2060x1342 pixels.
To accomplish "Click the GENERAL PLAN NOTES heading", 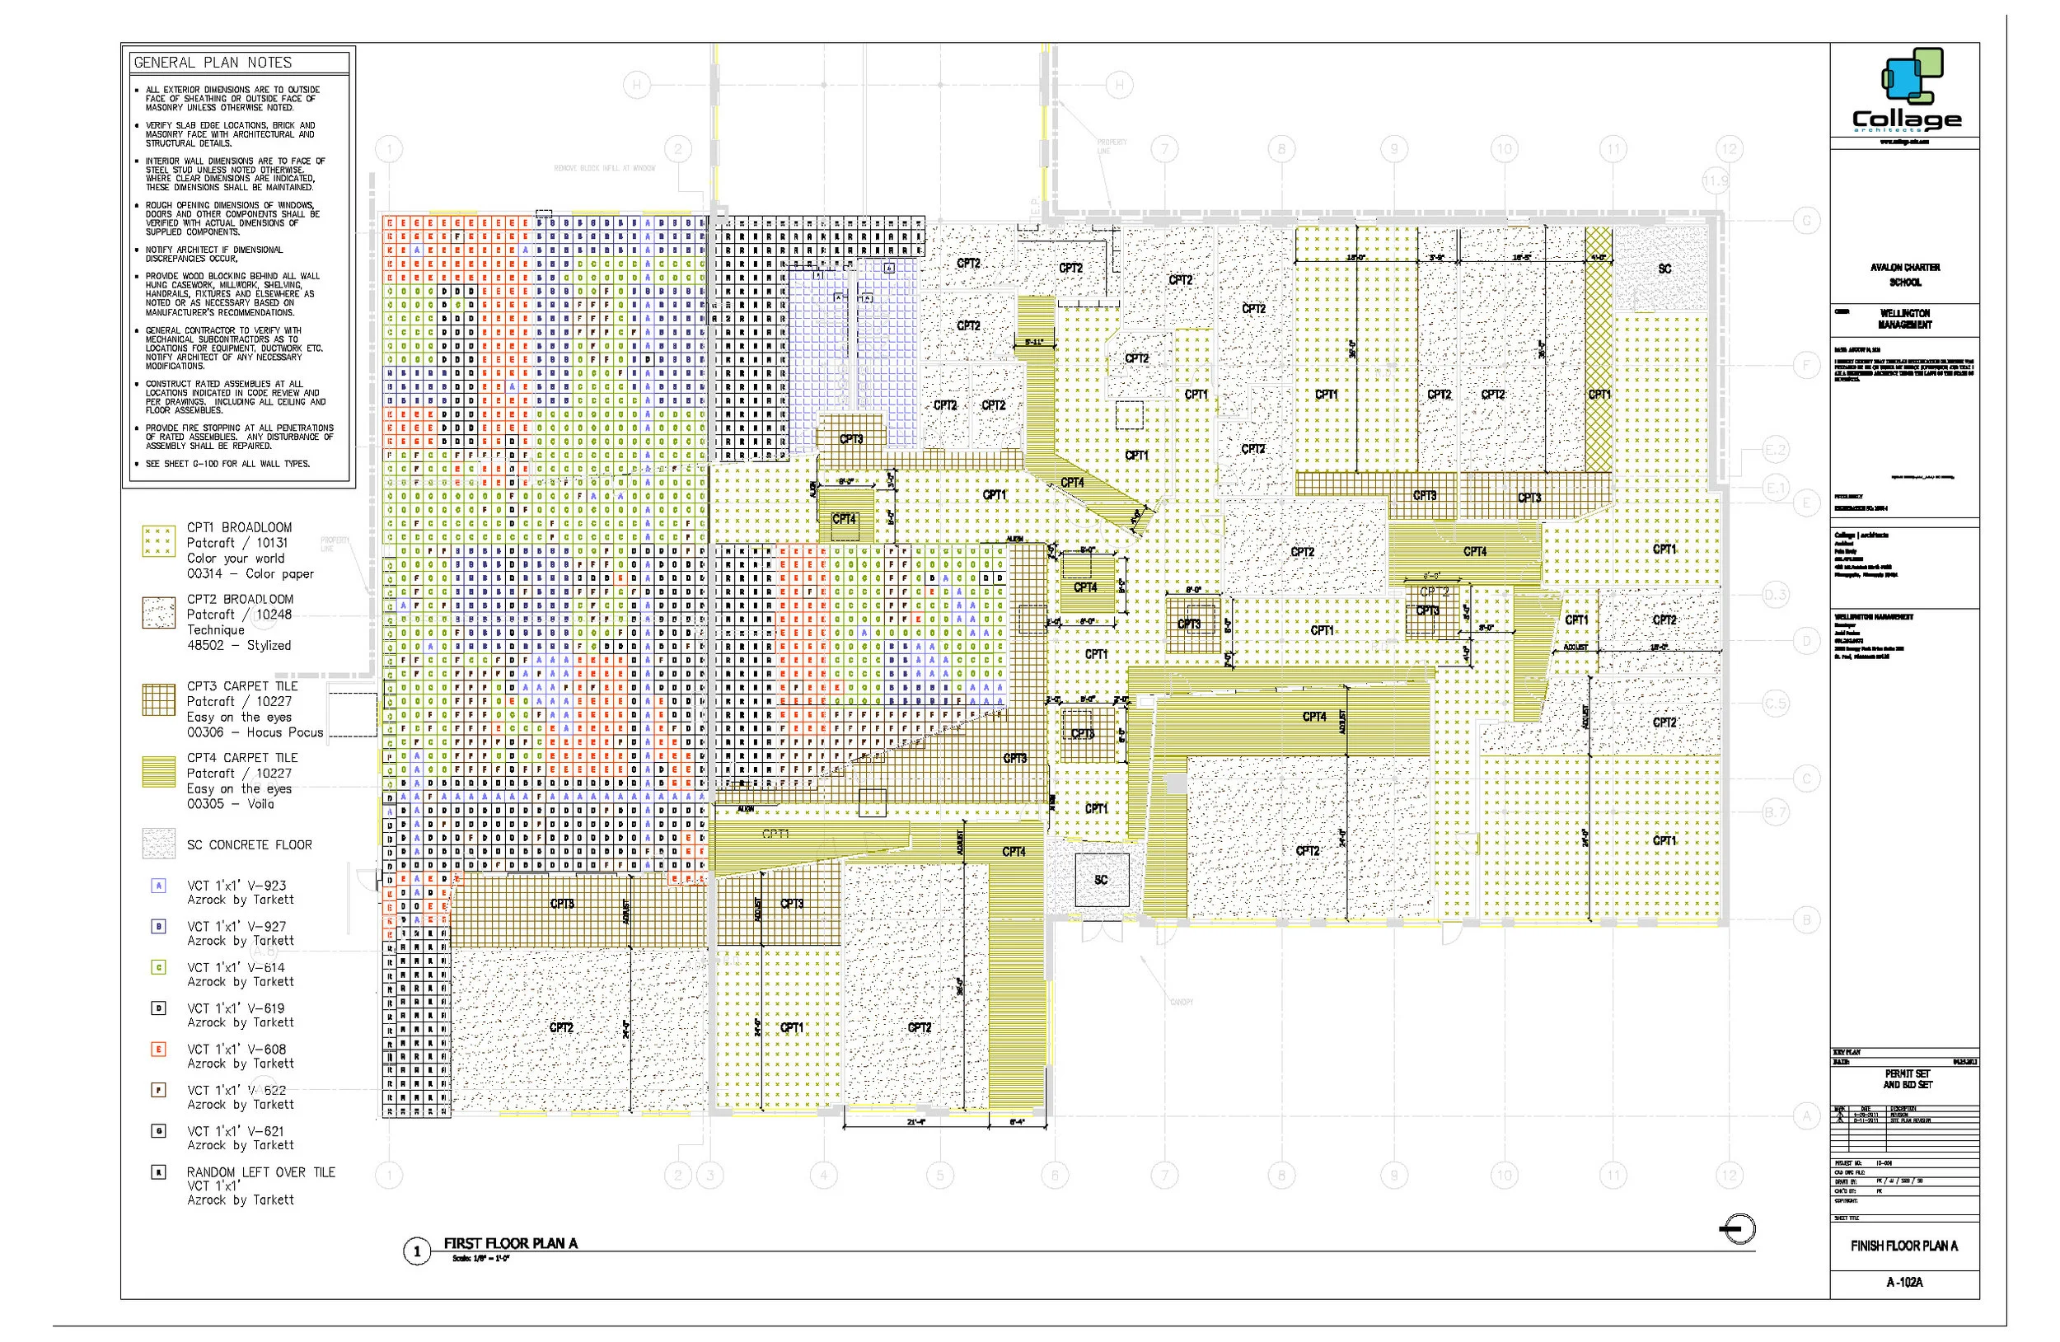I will [213, 63].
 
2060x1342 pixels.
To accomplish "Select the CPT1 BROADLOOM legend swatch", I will [159, 540].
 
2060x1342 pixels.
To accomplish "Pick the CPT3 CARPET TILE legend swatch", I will [159, 699].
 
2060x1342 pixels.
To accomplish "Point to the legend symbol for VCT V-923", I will [159, 885].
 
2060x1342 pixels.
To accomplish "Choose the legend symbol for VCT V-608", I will [159, 1049].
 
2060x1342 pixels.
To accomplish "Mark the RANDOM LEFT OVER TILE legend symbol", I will [159, 1172].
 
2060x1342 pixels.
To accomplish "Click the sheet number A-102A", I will [1904, 1281].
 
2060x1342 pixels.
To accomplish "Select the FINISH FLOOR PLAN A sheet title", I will [1904, 1245].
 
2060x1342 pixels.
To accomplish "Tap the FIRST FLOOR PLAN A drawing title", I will [511, 1243].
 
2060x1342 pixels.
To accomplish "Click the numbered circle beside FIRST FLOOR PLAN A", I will [417, 1251].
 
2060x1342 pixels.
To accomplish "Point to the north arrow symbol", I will [1737, 1229].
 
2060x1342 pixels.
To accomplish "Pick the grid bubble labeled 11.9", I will [1716, 182].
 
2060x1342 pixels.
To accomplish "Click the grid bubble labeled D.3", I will [1775, 595].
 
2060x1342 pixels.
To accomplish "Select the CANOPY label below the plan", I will [1182, 1002].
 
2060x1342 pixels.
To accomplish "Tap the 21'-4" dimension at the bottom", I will [917, 1122].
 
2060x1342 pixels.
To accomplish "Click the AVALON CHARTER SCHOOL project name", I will [1905, 274].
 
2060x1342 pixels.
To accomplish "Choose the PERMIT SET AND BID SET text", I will [1907, 1078].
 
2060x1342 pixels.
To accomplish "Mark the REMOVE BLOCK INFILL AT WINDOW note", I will [604, 168].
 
